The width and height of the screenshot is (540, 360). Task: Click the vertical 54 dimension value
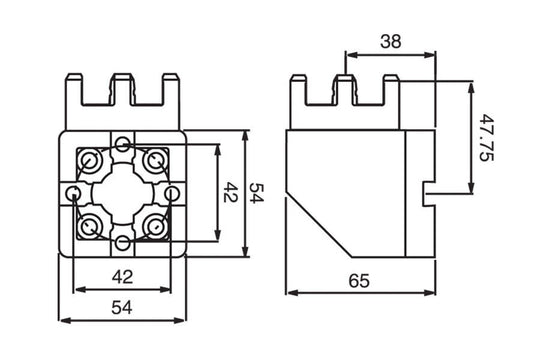pos(256,193)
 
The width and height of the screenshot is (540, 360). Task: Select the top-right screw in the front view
pos(155,160)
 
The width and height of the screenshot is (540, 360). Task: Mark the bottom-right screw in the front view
pos(155,226)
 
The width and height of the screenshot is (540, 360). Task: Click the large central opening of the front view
pos(121,192)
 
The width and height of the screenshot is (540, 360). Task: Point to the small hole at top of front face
pos(122,141)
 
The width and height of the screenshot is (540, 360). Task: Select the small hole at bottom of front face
pos(122,243)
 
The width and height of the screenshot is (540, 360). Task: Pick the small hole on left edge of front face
pos(72,193)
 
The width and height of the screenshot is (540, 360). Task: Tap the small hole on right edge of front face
pos(172,193)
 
